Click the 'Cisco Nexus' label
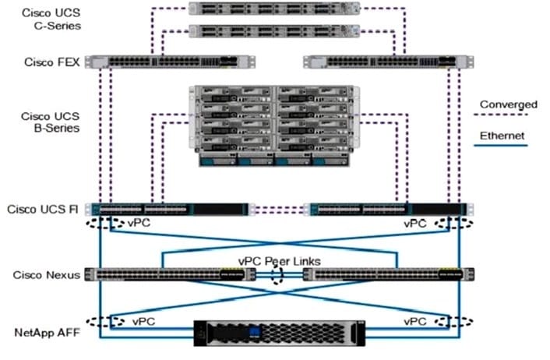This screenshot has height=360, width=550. (x=44, y=274)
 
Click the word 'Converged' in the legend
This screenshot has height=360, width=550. (x=508, y=104)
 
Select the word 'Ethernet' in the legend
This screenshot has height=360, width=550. (x=502, y=136)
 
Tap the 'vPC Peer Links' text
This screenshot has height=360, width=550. (x=280, y=261)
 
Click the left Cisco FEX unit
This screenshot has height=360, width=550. (x=171, y=62)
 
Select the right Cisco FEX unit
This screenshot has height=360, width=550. (x=381, y=62)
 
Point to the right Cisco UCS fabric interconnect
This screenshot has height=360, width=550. (x=387, y=209)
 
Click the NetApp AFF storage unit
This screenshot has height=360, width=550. (x=276, y=333)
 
